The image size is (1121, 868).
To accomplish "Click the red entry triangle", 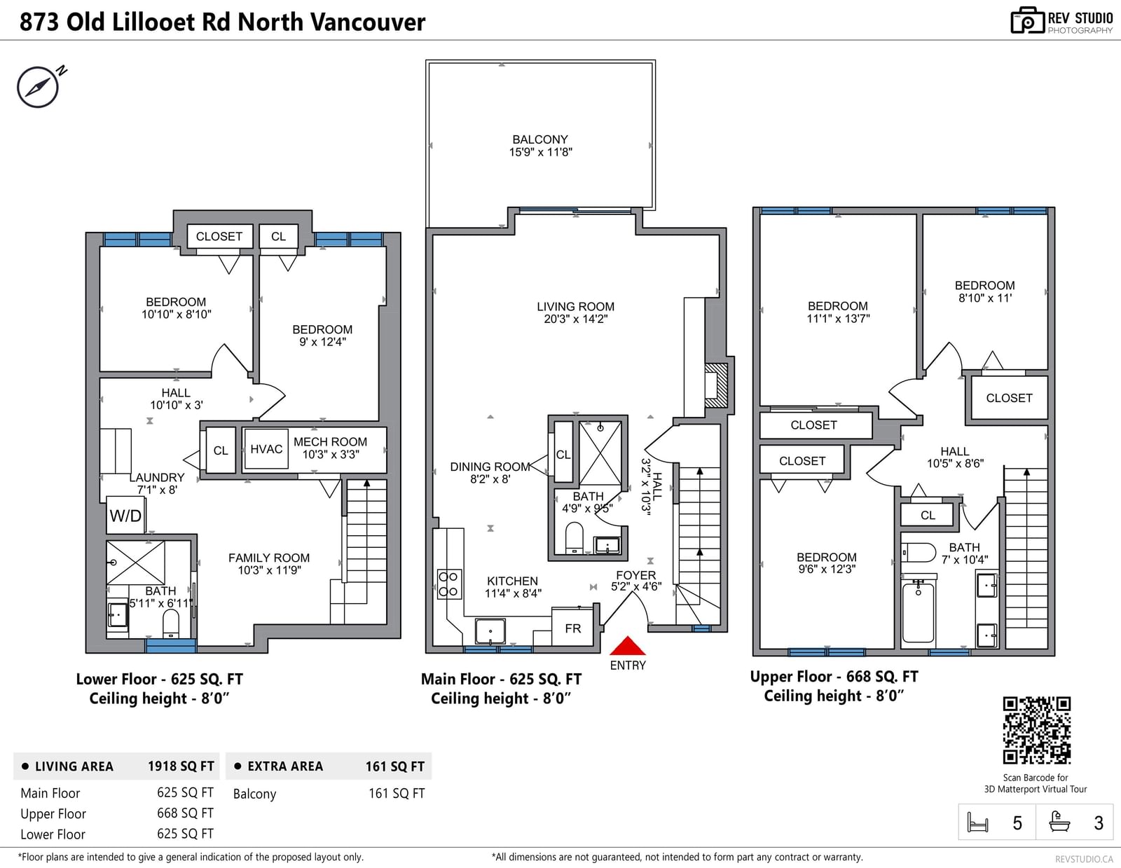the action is pyautogui.click(x=627, y=646).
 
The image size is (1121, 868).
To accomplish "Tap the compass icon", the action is pyautogui.click(x=38, y=87).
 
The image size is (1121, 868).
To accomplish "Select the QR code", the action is pyautogui.click(x=1036, y=730).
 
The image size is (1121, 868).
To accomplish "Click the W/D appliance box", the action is pyautogui.click(x=125, y=515).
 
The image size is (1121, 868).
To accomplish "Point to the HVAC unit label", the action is pyautogui.click(x=266, y=448).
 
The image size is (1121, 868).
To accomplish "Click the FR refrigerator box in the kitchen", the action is pyautogui.click(x=572, y=628).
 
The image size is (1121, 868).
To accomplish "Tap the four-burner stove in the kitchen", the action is pyautogui.click(x=449, y=584).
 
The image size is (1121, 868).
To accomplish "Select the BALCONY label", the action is pyautogui.click(x=540, y=139).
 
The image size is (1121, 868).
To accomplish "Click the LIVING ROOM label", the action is pyautogui.click(x=575, y=306).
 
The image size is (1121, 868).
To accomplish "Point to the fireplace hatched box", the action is pyautogui.click(x=717, y=385).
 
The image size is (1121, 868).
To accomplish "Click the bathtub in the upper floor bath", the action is pyautogui.click(x=918, y=612).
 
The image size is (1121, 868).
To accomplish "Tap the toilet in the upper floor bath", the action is pyautogui.click(x=919, y=552).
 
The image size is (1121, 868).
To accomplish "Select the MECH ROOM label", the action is pyautogui.click(x=330, y=441).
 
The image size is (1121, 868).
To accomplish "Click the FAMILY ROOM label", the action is pyautogui.click(x=269, y=558).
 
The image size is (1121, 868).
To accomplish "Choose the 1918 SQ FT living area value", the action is pyautogui.click(x=181, y=766).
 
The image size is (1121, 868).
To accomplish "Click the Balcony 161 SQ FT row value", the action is pyautogui.click(x=396, y=793).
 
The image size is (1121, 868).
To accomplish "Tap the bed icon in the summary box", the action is pyautogui.click(x=977, y=822).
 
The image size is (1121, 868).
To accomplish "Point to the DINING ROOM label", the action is pyautogui.click(x=490, y=467).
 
